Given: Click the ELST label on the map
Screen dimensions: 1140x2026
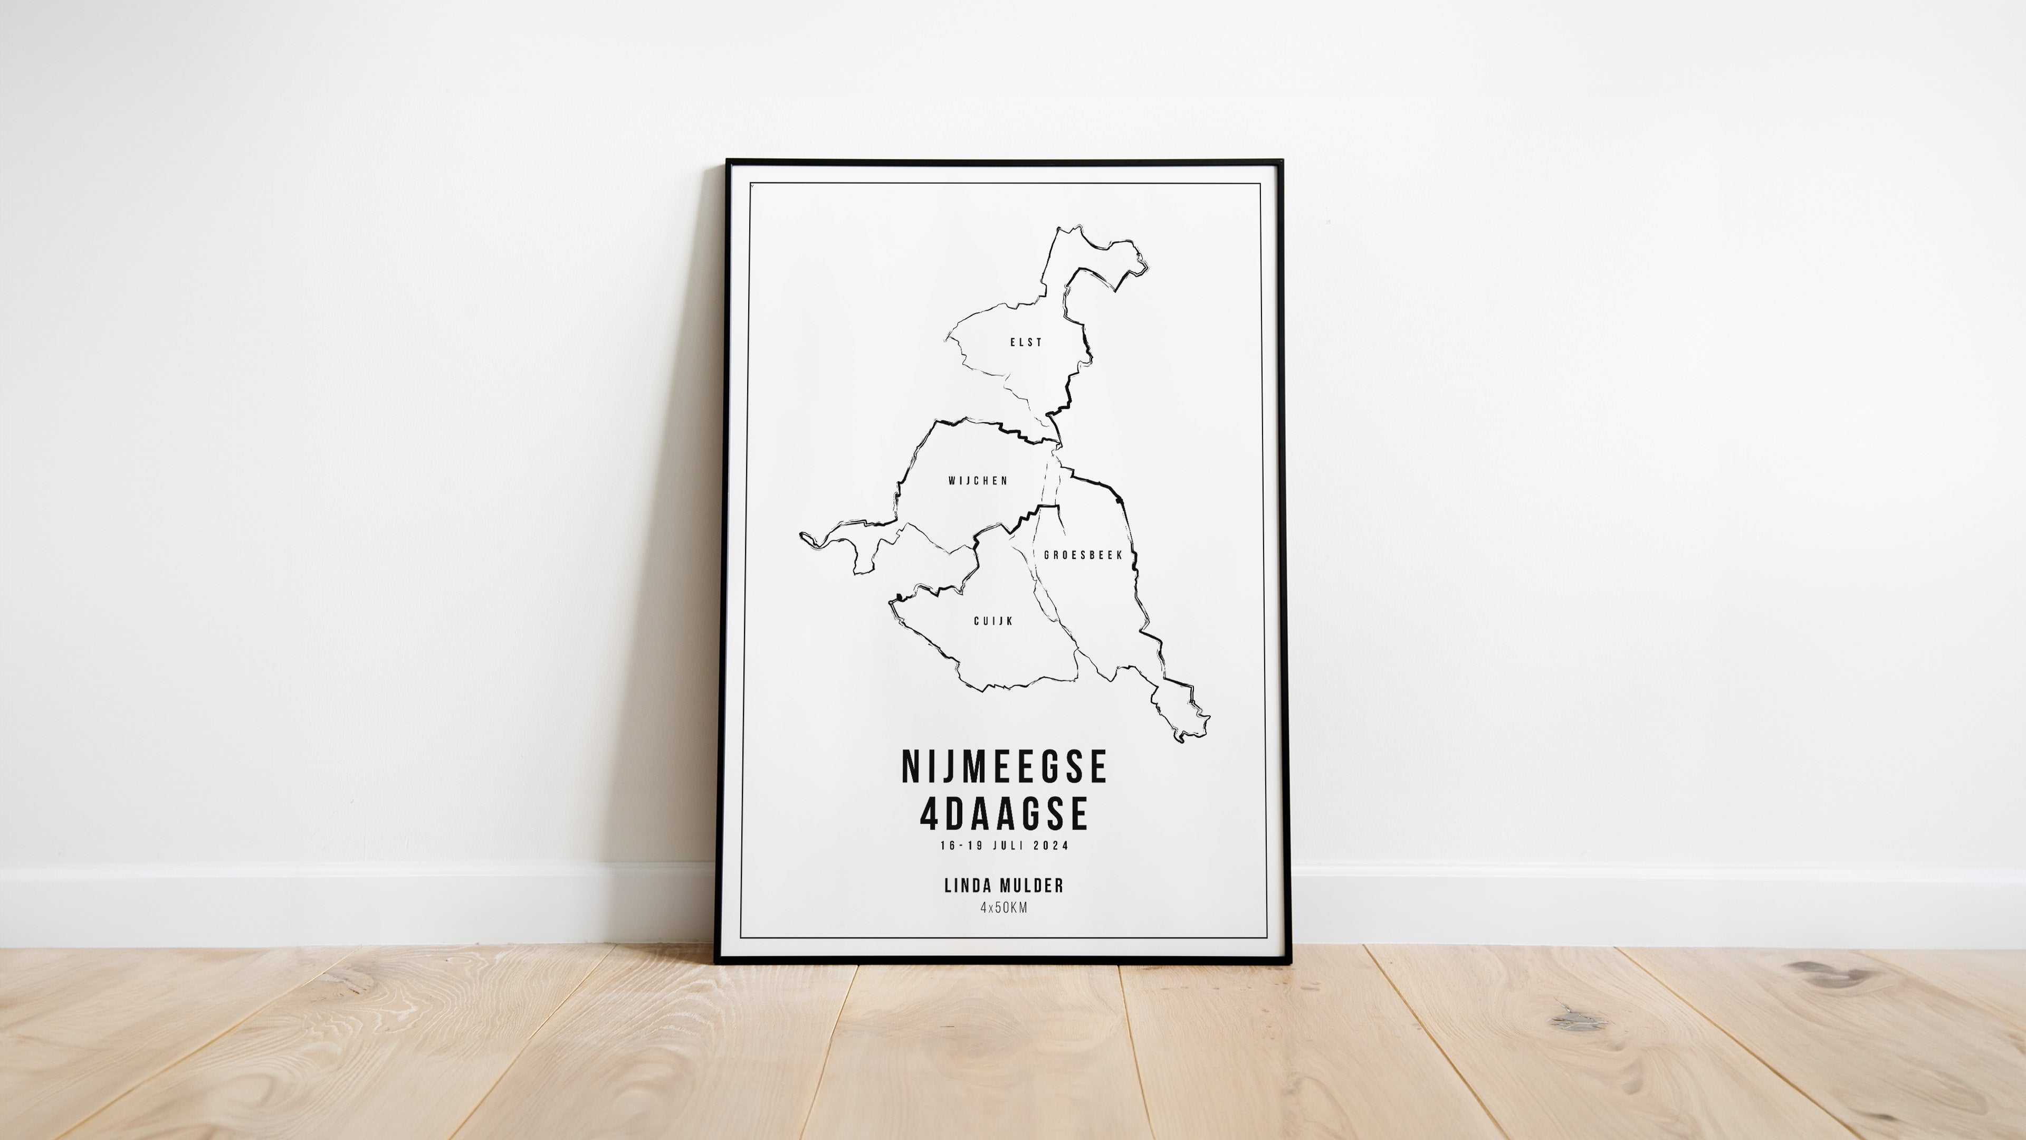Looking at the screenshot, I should (1026, 342).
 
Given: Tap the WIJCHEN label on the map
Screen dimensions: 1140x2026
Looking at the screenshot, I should (978, 481).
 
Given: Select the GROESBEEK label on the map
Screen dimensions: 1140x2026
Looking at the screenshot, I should (1083, 555).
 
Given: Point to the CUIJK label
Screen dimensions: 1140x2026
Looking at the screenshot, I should (993, 621).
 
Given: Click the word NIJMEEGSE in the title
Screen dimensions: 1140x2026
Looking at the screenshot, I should (1005, 767).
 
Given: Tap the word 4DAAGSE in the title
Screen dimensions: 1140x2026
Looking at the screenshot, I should (1005, 813).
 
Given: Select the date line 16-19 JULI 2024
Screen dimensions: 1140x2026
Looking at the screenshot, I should (1005, 845).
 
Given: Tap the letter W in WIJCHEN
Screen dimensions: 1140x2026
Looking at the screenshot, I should (952, 481).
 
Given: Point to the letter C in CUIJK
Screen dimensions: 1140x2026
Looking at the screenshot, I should (977, 621).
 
